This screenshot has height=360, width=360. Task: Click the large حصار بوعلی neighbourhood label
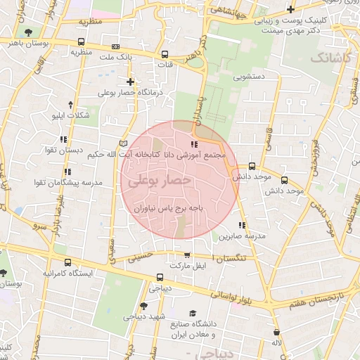[159, 181]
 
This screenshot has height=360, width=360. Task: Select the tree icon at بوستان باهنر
[27, 33]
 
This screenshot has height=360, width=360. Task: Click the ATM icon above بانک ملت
[115, 46]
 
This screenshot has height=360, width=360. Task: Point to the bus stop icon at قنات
[165, 54]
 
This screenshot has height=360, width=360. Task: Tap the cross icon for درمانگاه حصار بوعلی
[130, 82]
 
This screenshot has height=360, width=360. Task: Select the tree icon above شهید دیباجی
[143, 306]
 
